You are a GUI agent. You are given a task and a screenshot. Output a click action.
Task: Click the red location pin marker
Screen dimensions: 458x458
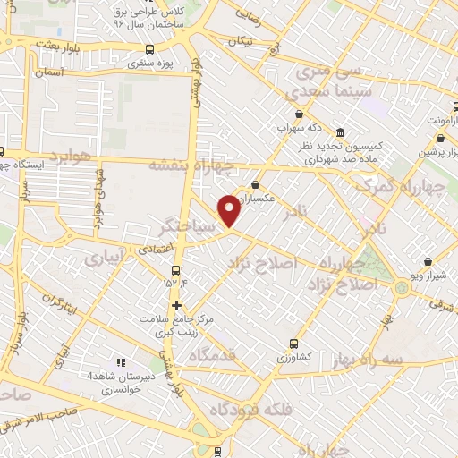(x=230, y=210)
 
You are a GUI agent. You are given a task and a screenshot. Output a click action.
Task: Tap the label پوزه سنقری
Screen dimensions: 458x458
(x=149, y=64)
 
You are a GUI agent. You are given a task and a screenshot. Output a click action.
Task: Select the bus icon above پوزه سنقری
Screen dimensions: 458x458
(x=149, y=50)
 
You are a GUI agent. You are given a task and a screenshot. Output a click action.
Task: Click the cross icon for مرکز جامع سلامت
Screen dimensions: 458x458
(x=177, y=304)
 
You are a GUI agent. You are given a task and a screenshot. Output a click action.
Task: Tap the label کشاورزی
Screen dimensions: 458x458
(x=293, y=356)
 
